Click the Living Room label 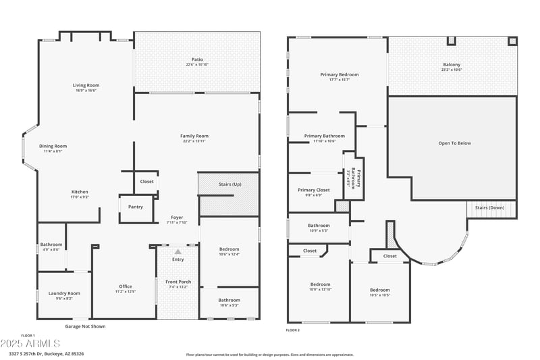86,85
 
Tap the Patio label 197,59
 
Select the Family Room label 194,136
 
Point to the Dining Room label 53,146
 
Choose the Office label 126,286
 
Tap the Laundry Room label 64,293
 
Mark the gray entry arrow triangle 178,251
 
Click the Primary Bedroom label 339,74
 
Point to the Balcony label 452,65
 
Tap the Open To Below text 454,143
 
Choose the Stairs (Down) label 489,207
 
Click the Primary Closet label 314,190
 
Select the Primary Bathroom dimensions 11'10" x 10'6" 324,141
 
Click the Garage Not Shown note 85,326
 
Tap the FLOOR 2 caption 292,330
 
